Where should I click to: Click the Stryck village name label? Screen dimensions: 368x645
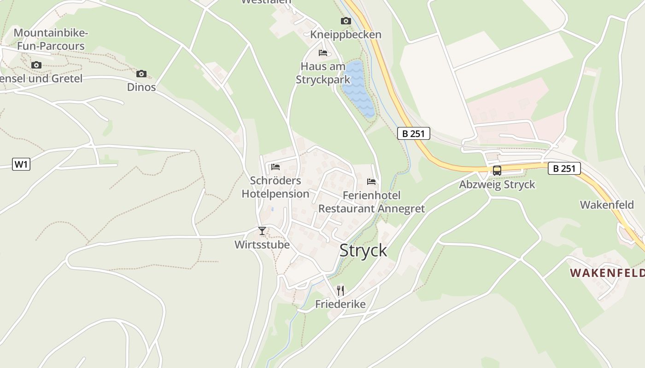[363, 251]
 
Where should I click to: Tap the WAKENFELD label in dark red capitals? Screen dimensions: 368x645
[607, 273]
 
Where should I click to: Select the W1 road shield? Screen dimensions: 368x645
[21, 164]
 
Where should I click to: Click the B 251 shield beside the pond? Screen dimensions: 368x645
[413, 134]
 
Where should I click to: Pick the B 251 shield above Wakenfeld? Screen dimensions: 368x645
[564, 168]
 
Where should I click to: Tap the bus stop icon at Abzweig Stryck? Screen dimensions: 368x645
[497, 170]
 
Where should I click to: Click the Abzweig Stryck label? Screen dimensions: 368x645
[497, 184]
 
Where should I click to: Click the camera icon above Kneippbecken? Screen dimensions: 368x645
[346, 21]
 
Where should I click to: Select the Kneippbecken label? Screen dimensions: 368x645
[346, 34]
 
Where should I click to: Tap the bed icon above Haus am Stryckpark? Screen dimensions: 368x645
[323, 53]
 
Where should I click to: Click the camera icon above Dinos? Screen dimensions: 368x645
[141, 74]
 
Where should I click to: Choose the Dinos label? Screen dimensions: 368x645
[141, 87]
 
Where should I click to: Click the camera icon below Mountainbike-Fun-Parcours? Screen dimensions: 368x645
[36, 65]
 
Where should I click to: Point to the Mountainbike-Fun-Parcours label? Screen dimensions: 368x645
[51, 40]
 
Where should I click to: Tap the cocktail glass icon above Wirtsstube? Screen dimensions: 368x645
[262, 230]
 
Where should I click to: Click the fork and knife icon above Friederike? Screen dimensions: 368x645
[340, 290]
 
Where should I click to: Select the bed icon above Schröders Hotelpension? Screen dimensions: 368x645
[276, 167]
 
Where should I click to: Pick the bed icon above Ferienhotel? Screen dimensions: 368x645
[371, 182]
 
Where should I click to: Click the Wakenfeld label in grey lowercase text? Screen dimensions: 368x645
[607, 205]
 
